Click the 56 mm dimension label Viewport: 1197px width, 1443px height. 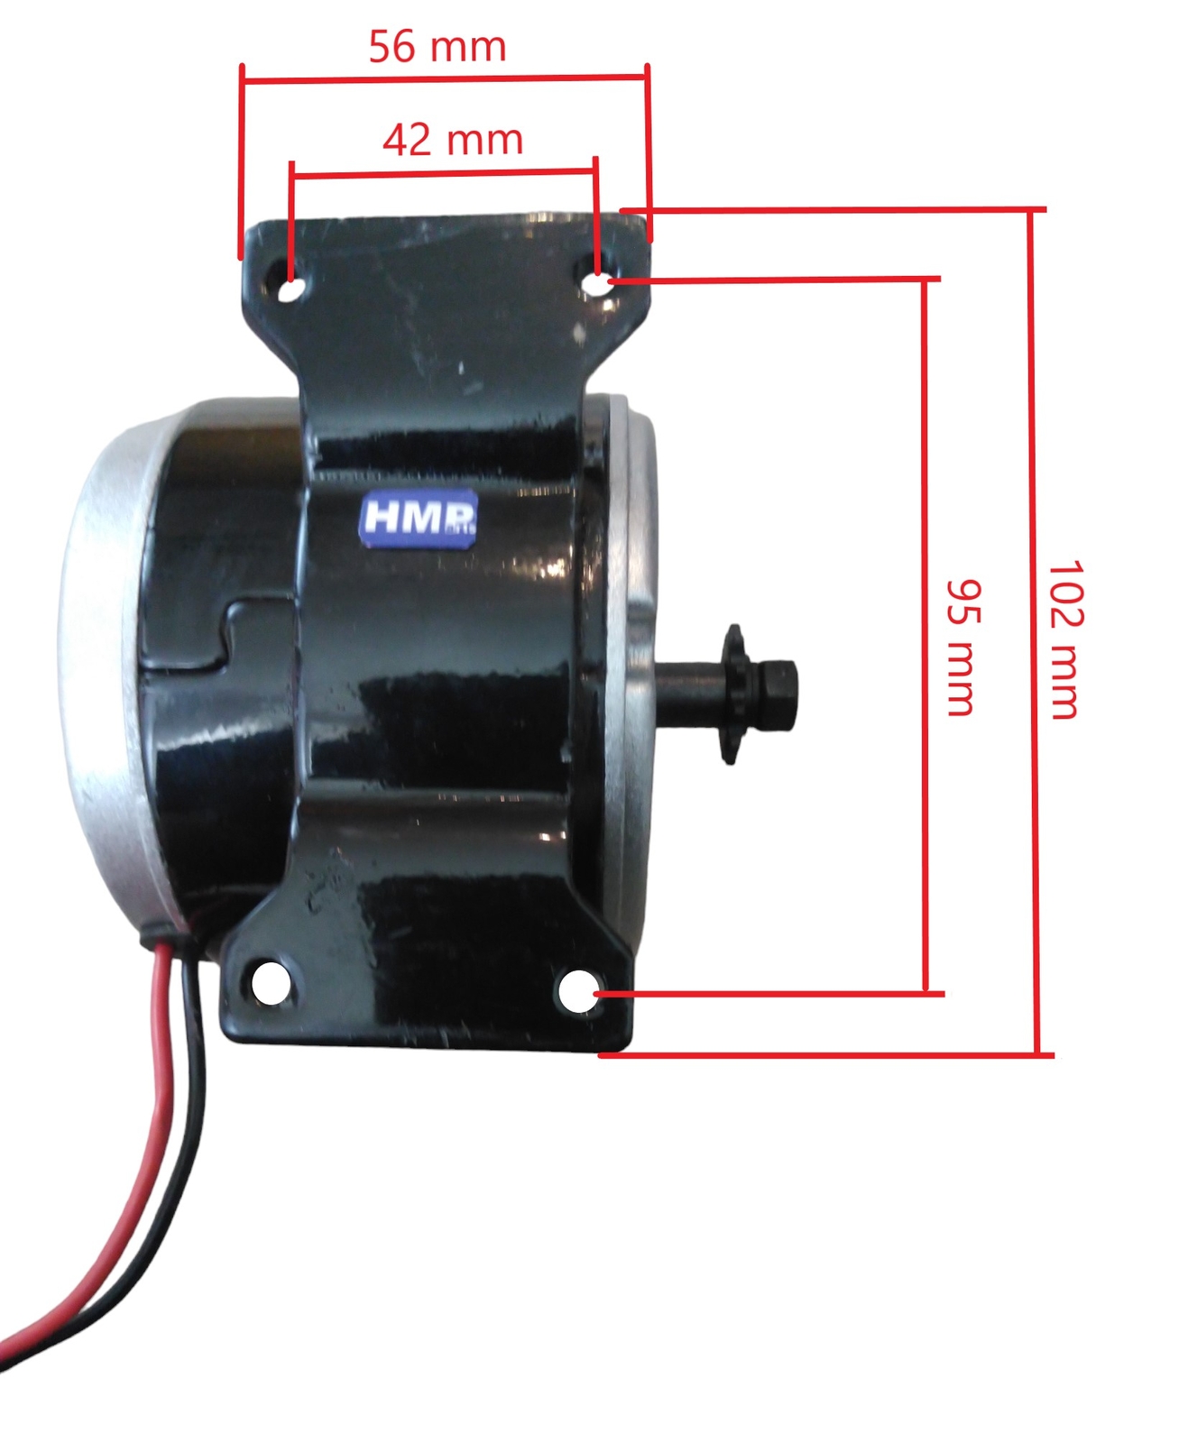click(437, 47)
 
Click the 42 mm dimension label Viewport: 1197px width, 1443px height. click(453, 140)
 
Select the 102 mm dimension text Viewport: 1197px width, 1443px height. click(1064, 639)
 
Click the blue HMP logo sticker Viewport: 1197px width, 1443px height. click(419, 519)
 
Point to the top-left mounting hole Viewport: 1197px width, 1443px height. click(291, 290)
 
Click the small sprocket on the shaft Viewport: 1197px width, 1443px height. click(732, 694)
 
